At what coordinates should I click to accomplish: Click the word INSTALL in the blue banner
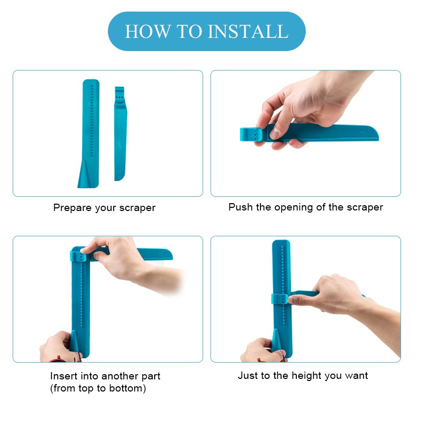coord(248,32)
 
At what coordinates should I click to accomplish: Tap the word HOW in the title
coord(148,32)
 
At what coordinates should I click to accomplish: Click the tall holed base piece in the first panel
coord(89,134)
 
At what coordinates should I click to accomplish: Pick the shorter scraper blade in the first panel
coord(121,134)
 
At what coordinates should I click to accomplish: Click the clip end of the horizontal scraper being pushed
coord(251,134)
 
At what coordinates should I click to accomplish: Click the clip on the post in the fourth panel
coord(279,299)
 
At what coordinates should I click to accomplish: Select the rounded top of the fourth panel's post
coord(281,243)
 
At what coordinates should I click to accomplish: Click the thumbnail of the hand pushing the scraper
coord(274,133)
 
